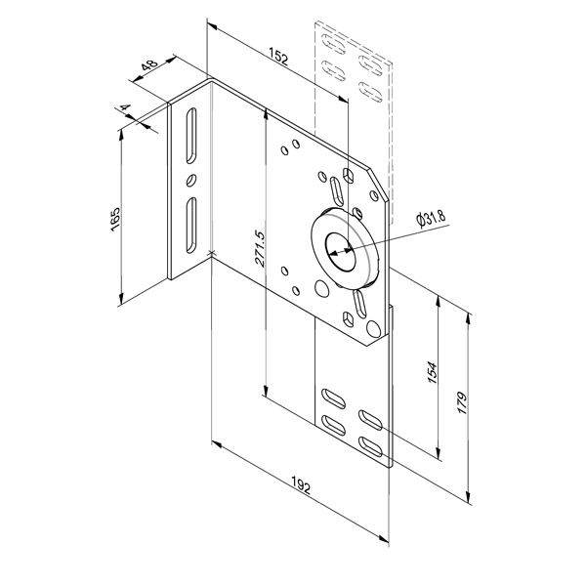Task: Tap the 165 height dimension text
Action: (116, 219)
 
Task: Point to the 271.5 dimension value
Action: (260, 248)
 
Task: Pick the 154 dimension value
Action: (432, 372)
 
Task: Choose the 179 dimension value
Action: (462, 403)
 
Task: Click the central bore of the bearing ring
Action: (340, 252)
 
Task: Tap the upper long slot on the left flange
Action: (190, 136)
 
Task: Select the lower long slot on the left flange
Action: (190, 226)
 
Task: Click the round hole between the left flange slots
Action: (190, 180)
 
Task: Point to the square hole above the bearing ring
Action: (349, 175)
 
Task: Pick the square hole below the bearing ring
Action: (349, 318)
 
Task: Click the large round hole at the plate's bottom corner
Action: (373, 328)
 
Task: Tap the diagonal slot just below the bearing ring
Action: (359, 302)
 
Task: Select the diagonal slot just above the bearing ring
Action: (336, 190)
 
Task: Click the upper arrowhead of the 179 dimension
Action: (468, 318)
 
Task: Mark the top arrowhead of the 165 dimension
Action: (121, 136)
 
